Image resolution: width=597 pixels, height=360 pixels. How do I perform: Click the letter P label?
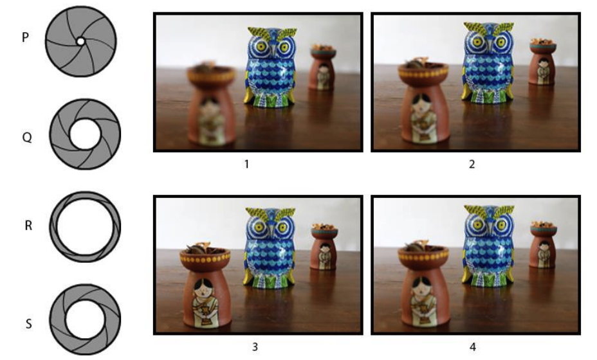(25, 37)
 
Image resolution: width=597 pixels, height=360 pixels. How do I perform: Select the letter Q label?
(27, 137)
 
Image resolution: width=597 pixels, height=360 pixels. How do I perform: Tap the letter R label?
(28, 226)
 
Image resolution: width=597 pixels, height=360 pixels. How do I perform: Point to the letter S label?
(28, 324)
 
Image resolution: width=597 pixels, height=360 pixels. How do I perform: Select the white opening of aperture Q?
(85, 134)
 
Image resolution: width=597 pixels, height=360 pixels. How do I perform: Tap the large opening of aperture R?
(86, 226)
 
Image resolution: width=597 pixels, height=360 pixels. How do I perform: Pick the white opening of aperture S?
(85, 319)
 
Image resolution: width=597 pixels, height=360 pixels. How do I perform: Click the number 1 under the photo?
(247, 164)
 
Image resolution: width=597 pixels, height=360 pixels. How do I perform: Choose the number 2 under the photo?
(472, 164)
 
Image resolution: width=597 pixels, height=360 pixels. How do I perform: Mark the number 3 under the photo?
(255, 346)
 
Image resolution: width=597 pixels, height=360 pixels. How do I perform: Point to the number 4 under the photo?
(472, 346)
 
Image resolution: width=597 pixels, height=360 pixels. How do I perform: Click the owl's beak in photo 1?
(272, 51)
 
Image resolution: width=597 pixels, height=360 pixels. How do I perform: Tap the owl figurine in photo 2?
(488, 63)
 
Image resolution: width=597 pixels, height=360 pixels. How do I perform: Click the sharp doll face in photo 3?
(205, 290)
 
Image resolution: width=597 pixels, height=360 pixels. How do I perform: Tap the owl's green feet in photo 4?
(488, 280)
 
